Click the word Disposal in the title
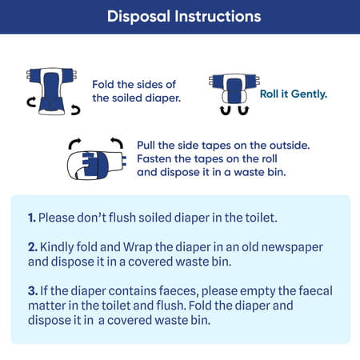(x=138, y=17)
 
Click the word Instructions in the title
(x=218, y=17)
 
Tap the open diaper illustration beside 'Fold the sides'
(x=51, y=91)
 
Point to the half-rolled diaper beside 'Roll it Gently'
(x=234, y=89)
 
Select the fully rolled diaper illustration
(x=97, y=165)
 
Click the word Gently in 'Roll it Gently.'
(x=309, y=94)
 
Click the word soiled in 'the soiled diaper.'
(x=127, y=98)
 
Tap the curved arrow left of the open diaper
(x=31, y=102)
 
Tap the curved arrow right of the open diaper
(x=76, y=110)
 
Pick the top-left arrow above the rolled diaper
(x=74, y=142)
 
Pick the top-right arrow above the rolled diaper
(x=118, y=142)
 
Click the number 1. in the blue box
(x=32, y=218)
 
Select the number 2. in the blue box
(x=33, y=247)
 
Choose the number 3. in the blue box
(x=33, y=291)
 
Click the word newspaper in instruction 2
(x=292, y=248)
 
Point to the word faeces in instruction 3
(x=179, y=291)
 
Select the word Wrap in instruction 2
(x=138, y=248)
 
